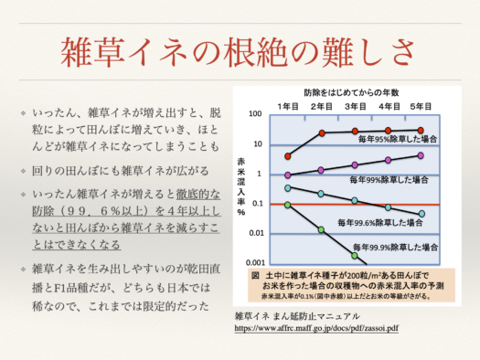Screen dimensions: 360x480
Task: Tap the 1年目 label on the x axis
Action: (x=288, y=106)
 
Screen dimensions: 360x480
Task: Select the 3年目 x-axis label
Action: (x=356, y=106)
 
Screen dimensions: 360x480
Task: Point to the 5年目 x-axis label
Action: (x=421, y=106)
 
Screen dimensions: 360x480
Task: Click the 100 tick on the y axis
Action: (x=257, y=114)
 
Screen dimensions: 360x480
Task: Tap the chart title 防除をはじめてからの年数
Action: (x=355, y=93)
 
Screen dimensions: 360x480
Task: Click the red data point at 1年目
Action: (x=288, y=156)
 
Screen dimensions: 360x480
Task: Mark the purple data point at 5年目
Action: (x=421, y=155)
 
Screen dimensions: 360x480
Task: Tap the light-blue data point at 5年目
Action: (x=421, y=214)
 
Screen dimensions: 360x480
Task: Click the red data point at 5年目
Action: (x=421, y=131)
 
